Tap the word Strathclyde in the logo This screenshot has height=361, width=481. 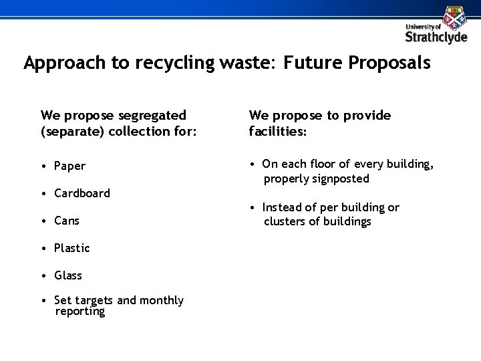coord(437,37)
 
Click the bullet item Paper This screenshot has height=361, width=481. coord(70,166)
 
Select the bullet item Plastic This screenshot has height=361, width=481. coord(71,248)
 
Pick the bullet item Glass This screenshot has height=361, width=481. coord(69,275)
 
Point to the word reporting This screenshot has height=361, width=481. coord(80,312)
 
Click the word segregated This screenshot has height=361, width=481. coord(150,116)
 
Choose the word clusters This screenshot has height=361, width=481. coord(284,221)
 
